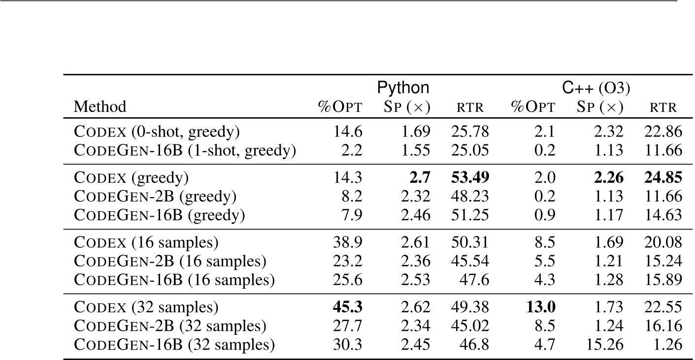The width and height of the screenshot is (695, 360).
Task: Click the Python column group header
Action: pyautogui.click(x=403, y=88)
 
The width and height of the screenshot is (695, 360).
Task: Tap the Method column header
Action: pyautogui.click(x=100, y=106)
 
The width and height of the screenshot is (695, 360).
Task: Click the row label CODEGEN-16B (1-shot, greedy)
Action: pyautogui.click(x=185, y=150)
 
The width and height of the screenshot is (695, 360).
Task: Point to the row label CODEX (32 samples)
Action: pyautogui.click(x=146, y=307)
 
